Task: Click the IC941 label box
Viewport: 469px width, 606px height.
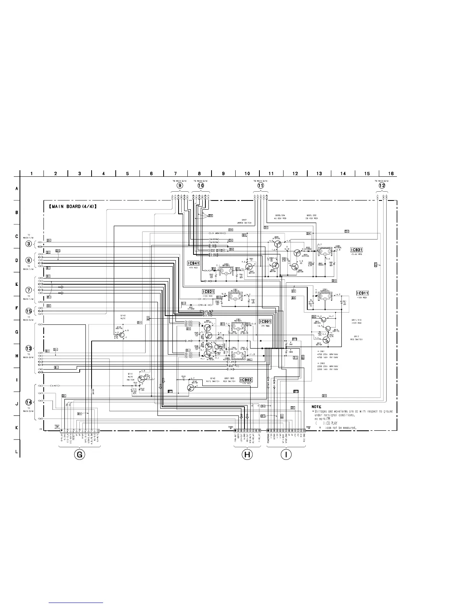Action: (193, 263)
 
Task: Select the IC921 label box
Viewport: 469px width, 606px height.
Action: (208, 292)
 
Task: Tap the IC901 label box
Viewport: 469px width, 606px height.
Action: (265, 321)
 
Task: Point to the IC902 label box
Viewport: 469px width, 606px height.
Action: (246, 380)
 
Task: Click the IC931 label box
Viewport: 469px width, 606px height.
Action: (356, 250)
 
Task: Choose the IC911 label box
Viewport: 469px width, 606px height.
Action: (362, 293)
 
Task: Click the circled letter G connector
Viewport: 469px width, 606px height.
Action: (79, 454)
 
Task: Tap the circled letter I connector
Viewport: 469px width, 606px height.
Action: (286, 454)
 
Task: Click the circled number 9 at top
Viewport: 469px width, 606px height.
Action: (180, 185)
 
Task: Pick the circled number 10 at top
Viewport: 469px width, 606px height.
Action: (201, 185)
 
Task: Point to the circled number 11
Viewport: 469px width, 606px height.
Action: (261, 185)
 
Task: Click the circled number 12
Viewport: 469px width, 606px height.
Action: (382, 185)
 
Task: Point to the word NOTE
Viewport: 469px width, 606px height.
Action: (316, 406)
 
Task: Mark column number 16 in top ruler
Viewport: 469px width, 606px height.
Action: (391, 174)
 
